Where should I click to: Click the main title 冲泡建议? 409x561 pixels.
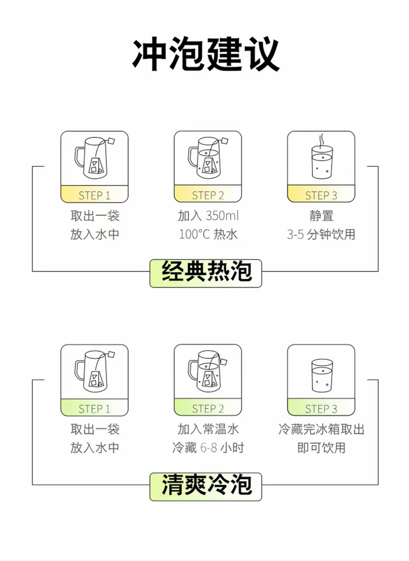click(x=206, y=55)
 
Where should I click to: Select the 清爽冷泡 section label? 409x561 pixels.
click(x=206, y=486)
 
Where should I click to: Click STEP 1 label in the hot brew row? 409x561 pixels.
click(x=94, y=195)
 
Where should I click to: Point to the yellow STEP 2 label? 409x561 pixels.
click(x=208, y=195)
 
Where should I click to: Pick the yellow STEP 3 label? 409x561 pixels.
click(x=321, y=195)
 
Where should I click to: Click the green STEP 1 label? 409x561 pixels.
click(x=94, y=408)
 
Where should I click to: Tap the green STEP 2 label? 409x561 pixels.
click(x=208, y=408)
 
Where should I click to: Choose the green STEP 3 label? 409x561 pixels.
click(x=321, y=408)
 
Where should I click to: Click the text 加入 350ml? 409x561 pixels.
click(x=208, y=216)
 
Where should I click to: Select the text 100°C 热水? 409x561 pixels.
click(x=208, y=234)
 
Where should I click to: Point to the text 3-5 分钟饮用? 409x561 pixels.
click(x=321, y=234)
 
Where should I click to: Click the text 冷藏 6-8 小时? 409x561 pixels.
click(x=208, y=448)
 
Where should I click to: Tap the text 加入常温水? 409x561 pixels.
click(x=208, y=429)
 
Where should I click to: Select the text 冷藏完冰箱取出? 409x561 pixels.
click(x=321, y=429)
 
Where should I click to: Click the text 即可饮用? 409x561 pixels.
click(x=321, y=448)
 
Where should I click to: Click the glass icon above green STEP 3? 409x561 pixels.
click(x=322, y=376)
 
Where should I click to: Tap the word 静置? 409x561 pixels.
click(x=321, y=216)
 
